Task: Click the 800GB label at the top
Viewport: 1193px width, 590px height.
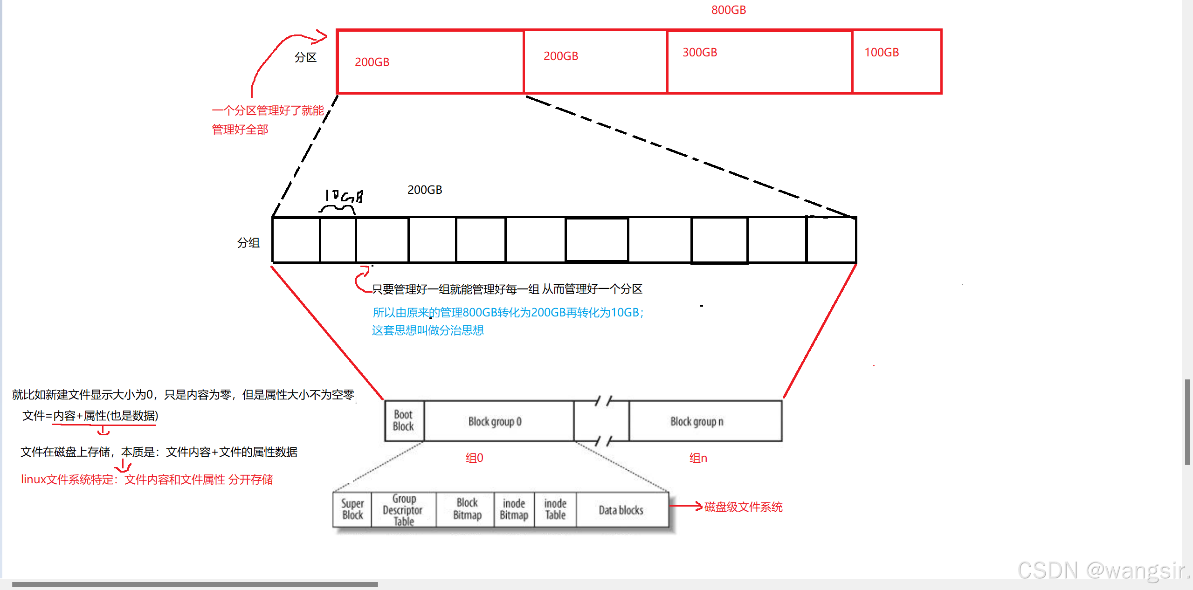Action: (x=728, y=10)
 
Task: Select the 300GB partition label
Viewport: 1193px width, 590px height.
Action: (x=699, y=52)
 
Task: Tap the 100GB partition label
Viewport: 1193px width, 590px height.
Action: (x=881, y=52)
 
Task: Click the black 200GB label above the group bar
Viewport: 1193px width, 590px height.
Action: (x=424, y=190)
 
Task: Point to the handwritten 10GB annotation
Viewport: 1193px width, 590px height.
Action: (x=344, y=196)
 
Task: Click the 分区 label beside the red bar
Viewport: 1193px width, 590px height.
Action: (x=305, y=57)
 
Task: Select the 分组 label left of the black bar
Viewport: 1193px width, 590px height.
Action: (x=248, y=242)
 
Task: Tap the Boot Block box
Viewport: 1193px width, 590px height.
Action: (x=403, y=420)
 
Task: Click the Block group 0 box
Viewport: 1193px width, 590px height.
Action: (x=495, y=421)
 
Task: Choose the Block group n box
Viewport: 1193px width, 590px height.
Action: (x=696, y=421)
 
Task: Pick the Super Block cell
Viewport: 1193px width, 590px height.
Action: (x=352, y=509)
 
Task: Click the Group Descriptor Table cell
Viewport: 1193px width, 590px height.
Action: (x=403, y=510)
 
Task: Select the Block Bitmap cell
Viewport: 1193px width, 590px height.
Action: (x=467, y=509)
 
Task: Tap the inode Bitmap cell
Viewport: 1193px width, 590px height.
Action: (x=514, y=509)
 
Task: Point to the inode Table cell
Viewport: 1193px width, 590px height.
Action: (x=555, y=509)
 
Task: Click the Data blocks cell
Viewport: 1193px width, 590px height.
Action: (x=621, y=510)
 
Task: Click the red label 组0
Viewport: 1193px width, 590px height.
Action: (x=474, y=458)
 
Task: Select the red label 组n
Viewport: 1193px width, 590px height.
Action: (x=698, y=458)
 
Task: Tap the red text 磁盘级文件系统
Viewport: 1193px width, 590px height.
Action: (x=743, y=507)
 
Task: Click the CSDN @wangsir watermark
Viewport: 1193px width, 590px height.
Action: (x=1103, y=570)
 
